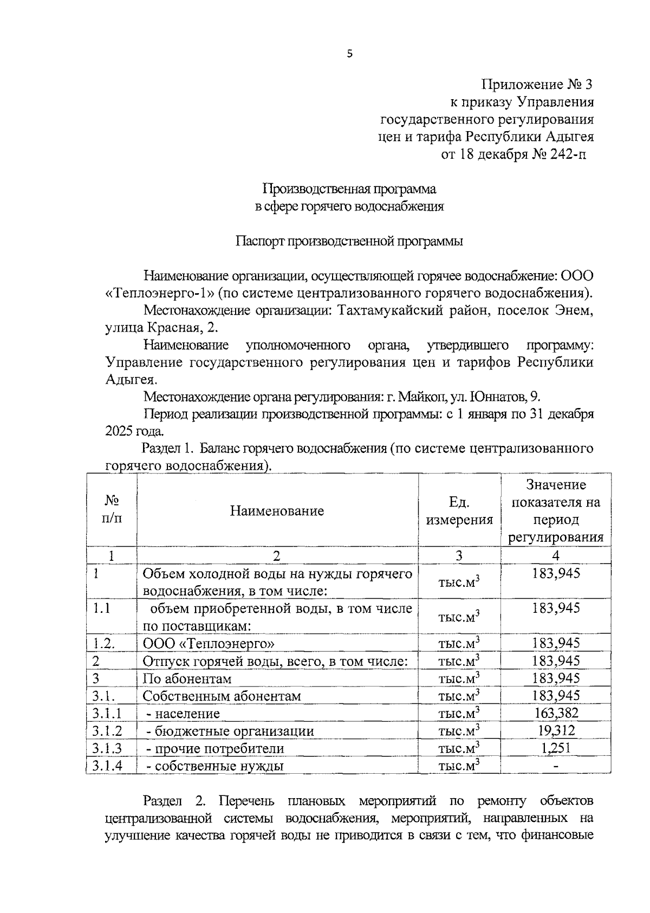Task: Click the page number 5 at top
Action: (349, 53)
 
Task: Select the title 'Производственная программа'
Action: (349, 189)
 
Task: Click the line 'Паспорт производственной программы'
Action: (349, 241)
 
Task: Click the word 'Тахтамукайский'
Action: (388, 311)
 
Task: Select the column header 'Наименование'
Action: (277, 510)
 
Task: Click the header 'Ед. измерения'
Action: (459, 510)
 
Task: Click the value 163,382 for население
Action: (556, 713)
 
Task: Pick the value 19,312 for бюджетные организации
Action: (556, 730)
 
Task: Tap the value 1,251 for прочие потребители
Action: (556, 748)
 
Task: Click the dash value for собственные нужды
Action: (556, 766)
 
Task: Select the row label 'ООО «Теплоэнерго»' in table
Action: (209, 644)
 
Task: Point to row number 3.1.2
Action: (107, 731)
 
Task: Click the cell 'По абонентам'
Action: (187, 679)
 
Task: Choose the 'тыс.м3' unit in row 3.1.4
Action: (459, 766)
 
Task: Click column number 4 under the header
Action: (556, 555)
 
